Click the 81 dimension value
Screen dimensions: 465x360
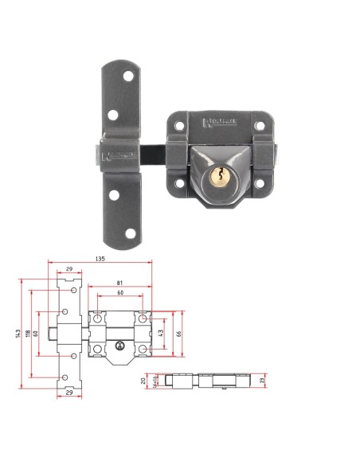(119, 283)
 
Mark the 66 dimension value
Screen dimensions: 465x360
(179, 332)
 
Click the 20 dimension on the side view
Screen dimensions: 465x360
(143, 381)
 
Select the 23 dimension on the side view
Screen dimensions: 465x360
(262, 381)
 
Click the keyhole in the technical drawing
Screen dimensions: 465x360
(119, 346)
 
